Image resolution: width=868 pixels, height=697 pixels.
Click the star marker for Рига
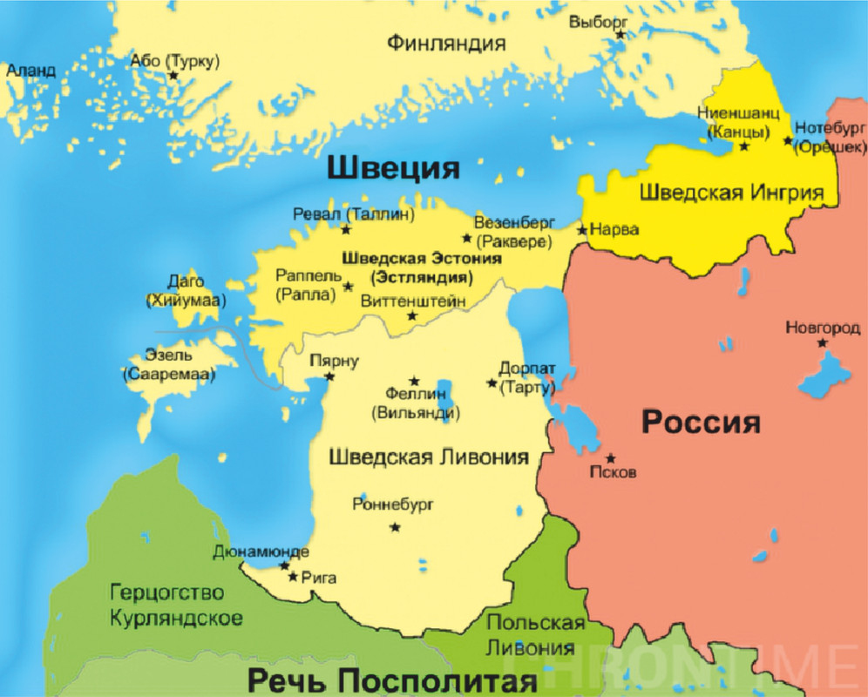[x=293, y=577]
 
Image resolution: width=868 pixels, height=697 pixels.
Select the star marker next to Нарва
[x=582, y=230]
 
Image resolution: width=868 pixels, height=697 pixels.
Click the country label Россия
[x=701, y=423]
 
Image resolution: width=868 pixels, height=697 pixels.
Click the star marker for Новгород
[x=822, y=343]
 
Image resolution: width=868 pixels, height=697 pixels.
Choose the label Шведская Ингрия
[x=731, y=192]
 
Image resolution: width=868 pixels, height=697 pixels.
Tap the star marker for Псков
[x=610, y=458]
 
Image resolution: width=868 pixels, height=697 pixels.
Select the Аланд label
[x=31, y=70]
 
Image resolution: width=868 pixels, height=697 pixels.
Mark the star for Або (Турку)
[x=173, y=76]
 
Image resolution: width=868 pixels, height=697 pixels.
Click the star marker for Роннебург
[x=396, y=526]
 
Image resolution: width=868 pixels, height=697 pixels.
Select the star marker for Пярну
[x=329, y=376]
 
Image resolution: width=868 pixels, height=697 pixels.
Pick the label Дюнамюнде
[x=261, y=552]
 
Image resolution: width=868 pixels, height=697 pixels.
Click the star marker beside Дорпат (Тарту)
[x=492, y=383]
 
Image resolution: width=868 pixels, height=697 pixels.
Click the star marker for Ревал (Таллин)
[x=346, y=230]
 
